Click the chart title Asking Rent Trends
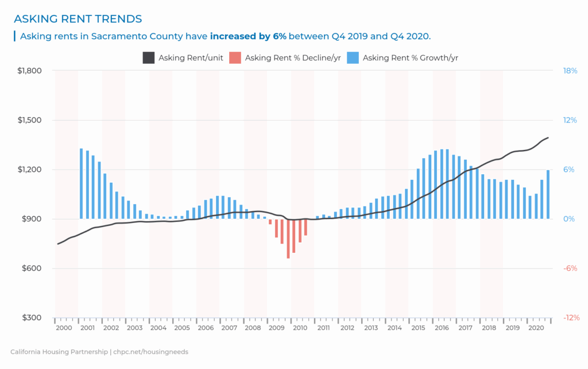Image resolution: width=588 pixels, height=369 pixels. pyautogui.click(x=78, y=20)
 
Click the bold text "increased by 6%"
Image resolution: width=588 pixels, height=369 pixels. pyautogui.click(x=248, y=36)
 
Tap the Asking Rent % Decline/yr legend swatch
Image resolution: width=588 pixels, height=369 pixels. pyautogui.click(x=235, y=57)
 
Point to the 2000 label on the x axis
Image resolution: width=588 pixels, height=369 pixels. pyautogui.click(x=64, y=328)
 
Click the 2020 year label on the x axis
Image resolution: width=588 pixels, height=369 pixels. pyautogui.click(x=536, y=328)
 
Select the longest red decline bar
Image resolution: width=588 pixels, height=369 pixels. pyautogui.click(x=288, y=239)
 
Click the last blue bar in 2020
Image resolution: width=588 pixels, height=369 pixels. pyautogui.click(x=548, y=194)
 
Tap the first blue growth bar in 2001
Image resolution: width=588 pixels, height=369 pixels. pyautogui.click(x=82, y=183)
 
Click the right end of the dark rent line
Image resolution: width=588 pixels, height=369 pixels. pyautogui.click(x=548, y=137)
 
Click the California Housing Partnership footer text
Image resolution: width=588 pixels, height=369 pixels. pyautogui.click(x=99, y=352)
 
